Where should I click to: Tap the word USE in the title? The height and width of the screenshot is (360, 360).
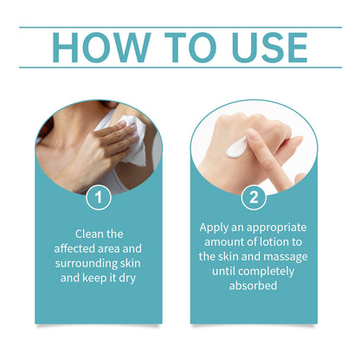(269, 48)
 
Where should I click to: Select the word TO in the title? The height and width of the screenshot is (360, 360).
(190, 48)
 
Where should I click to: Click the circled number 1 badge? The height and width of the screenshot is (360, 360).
(99, 197)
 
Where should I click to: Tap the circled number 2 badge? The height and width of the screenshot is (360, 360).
(254, 197)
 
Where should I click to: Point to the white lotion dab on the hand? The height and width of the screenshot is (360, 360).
(236, 147)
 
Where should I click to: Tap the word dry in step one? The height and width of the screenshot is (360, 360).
(127, 279)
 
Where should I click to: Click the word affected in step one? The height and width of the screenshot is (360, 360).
(74, 248)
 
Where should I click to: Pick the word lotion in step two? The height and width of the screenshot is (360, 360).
(270, 241)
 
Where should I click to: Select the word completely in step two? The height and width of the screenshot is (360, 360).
(267, 272)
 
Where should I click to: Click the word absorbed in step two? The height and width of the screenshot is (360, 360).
(254, 286)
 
